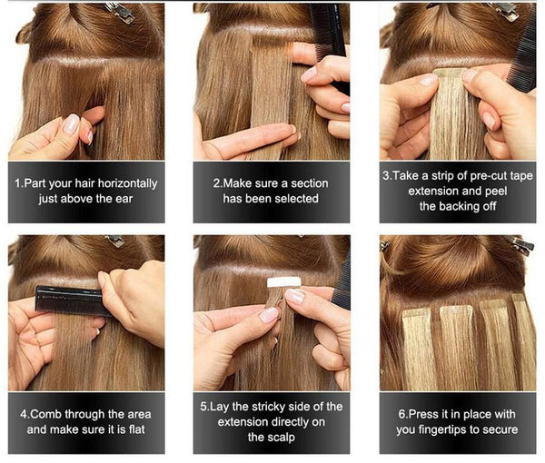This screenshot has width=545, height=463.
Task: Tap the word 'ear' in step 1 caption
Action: click(129, 199)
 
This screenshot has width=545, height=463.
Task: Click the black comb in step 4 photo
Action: click(68, 300)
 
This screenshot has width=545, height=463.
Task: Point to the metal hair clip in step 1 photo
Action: click(118, 11)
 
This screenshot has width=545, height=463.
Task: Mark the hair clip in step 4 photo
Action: click(114, 241)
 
